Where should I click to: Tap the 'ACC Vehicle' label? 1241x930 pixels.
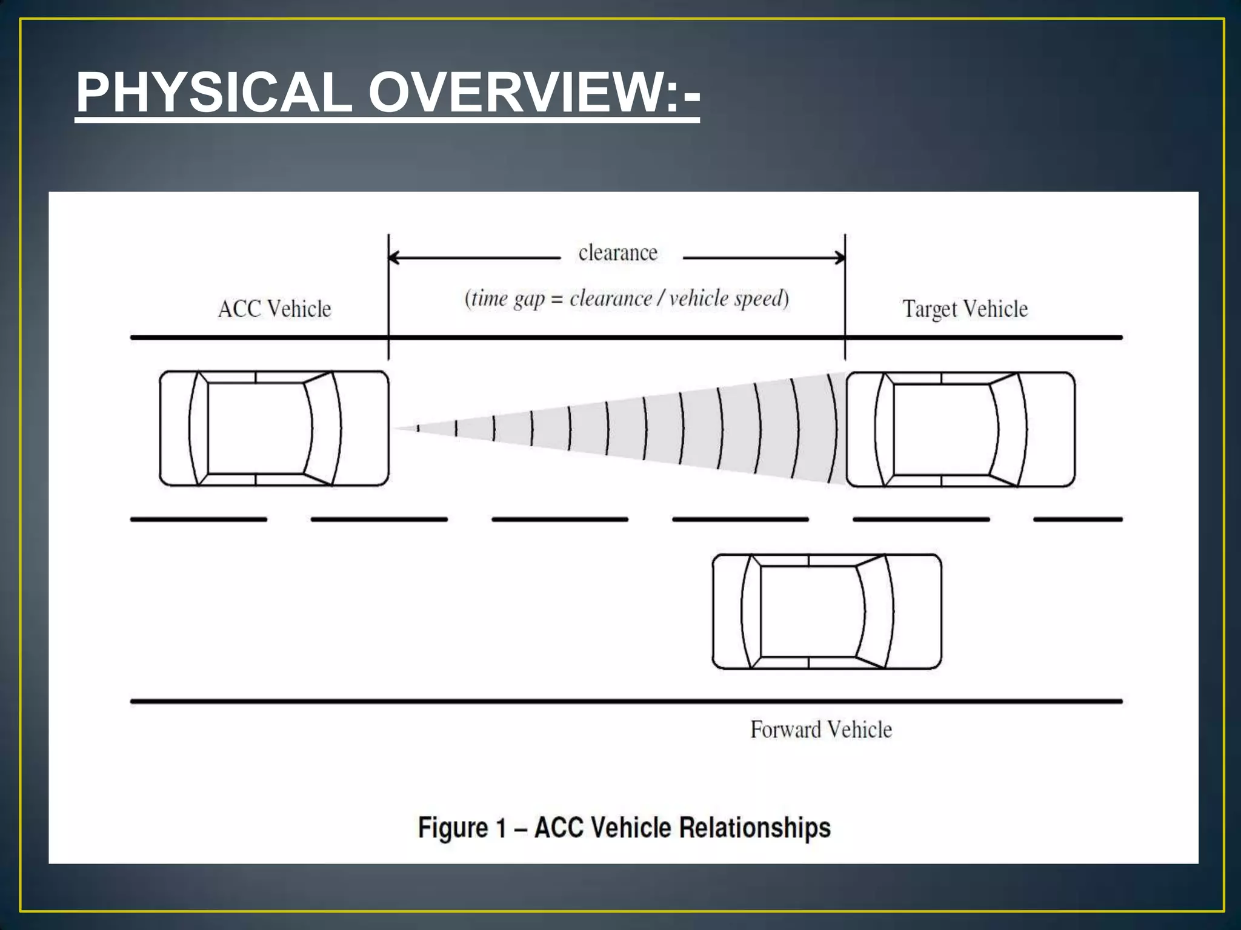(x=274, y=309)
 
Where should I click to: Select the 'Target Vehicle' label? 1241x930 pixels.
(x=965, y=309)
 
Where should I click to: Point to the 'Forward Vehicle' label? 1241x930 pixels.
(x=821, y=730)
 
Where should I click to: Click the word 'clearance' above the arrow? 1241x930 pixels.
(x=617, y=253)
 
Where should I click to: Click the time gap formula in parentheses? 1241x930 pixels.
(x=627, y=298)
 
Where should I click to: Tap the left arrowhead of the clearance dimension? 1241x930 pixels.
(x=393, y=258)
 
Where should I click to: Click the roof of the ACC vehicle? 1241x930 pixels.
(x=258, y=429)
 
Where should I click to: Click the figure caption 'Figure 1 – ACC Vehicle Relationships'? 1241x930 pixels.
(x=624, y=828)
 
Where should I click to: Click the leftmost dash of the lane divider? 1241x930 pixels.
(x=199, y=519)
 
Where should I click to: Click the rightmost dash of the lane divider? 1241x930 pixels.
(x=1078, y=519)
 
